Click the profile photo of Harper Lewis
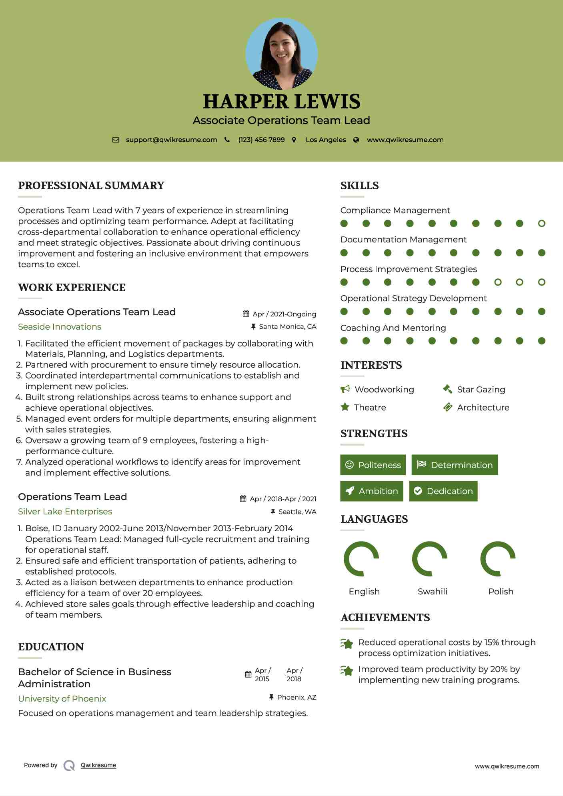tap(281, 54)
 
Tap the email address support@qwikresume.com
tap(171, 140)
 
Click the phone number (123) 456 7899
tap(261, 140)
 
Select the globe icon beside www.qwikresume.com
tap(356, 140)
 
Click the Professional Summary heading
tap(91, 186)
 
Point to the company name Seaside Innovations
tap(60, 327)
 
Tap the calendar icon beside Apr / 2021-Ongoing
tap(246, 314)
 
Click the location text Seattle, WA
tap(297, 512)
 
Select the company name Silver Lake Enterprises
tap(65, 512)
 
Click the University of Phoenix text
tap(62, 699)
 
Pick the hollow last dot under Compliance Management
tap(541, 224)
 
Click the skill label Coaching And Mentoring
tap(393, 328)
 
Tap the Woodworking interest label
tap(384, 390)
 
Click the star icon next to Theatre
tap(345, 407)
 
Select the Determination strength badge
tap(455, 465)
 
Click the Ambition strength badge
tap(372, 491)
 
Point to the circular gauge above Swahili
tap(429, 559)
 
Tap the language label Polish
tap(501, 592)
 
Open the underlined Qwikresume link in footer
tap(98, 765)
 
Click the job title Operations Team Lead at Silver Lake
tap(72, 497)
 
